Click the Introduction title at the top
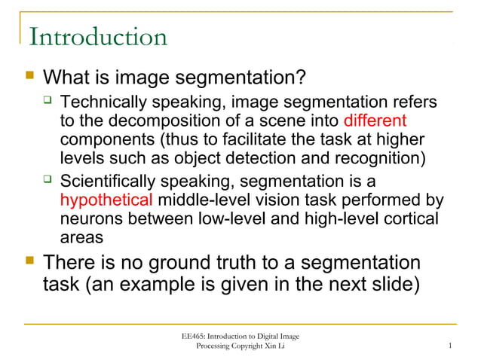coord(97,37)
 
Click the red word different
coord(375,121)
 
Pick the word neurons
coord(88,219)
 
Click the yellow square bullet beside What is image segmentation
coord(30,77)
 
